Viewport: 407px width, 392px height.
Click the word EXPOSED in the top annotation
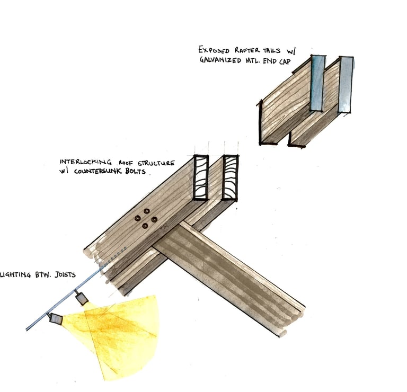tap(214, 50)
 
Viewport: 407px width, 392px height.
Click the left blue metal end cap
tap(317, 83)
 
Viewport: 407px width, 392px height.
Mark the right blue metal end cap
tap(346, 84)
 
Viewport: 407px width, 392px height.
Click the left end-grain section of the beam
tap(201, 177)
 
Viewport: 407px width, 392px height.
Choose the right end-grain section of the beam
tap(231, 177)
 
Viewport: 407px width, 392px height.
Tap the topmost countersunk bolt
tap(147, 211)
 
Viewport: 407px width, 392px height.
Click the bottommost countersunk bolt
tap(145, 226)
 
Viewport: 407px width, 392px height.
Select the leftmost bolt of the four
tap(137, 218)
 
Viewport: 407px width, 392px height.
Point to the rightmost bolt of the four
tap(154, 219)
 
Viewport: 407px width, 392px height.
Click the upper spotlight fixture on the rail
tap(81, 300)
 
